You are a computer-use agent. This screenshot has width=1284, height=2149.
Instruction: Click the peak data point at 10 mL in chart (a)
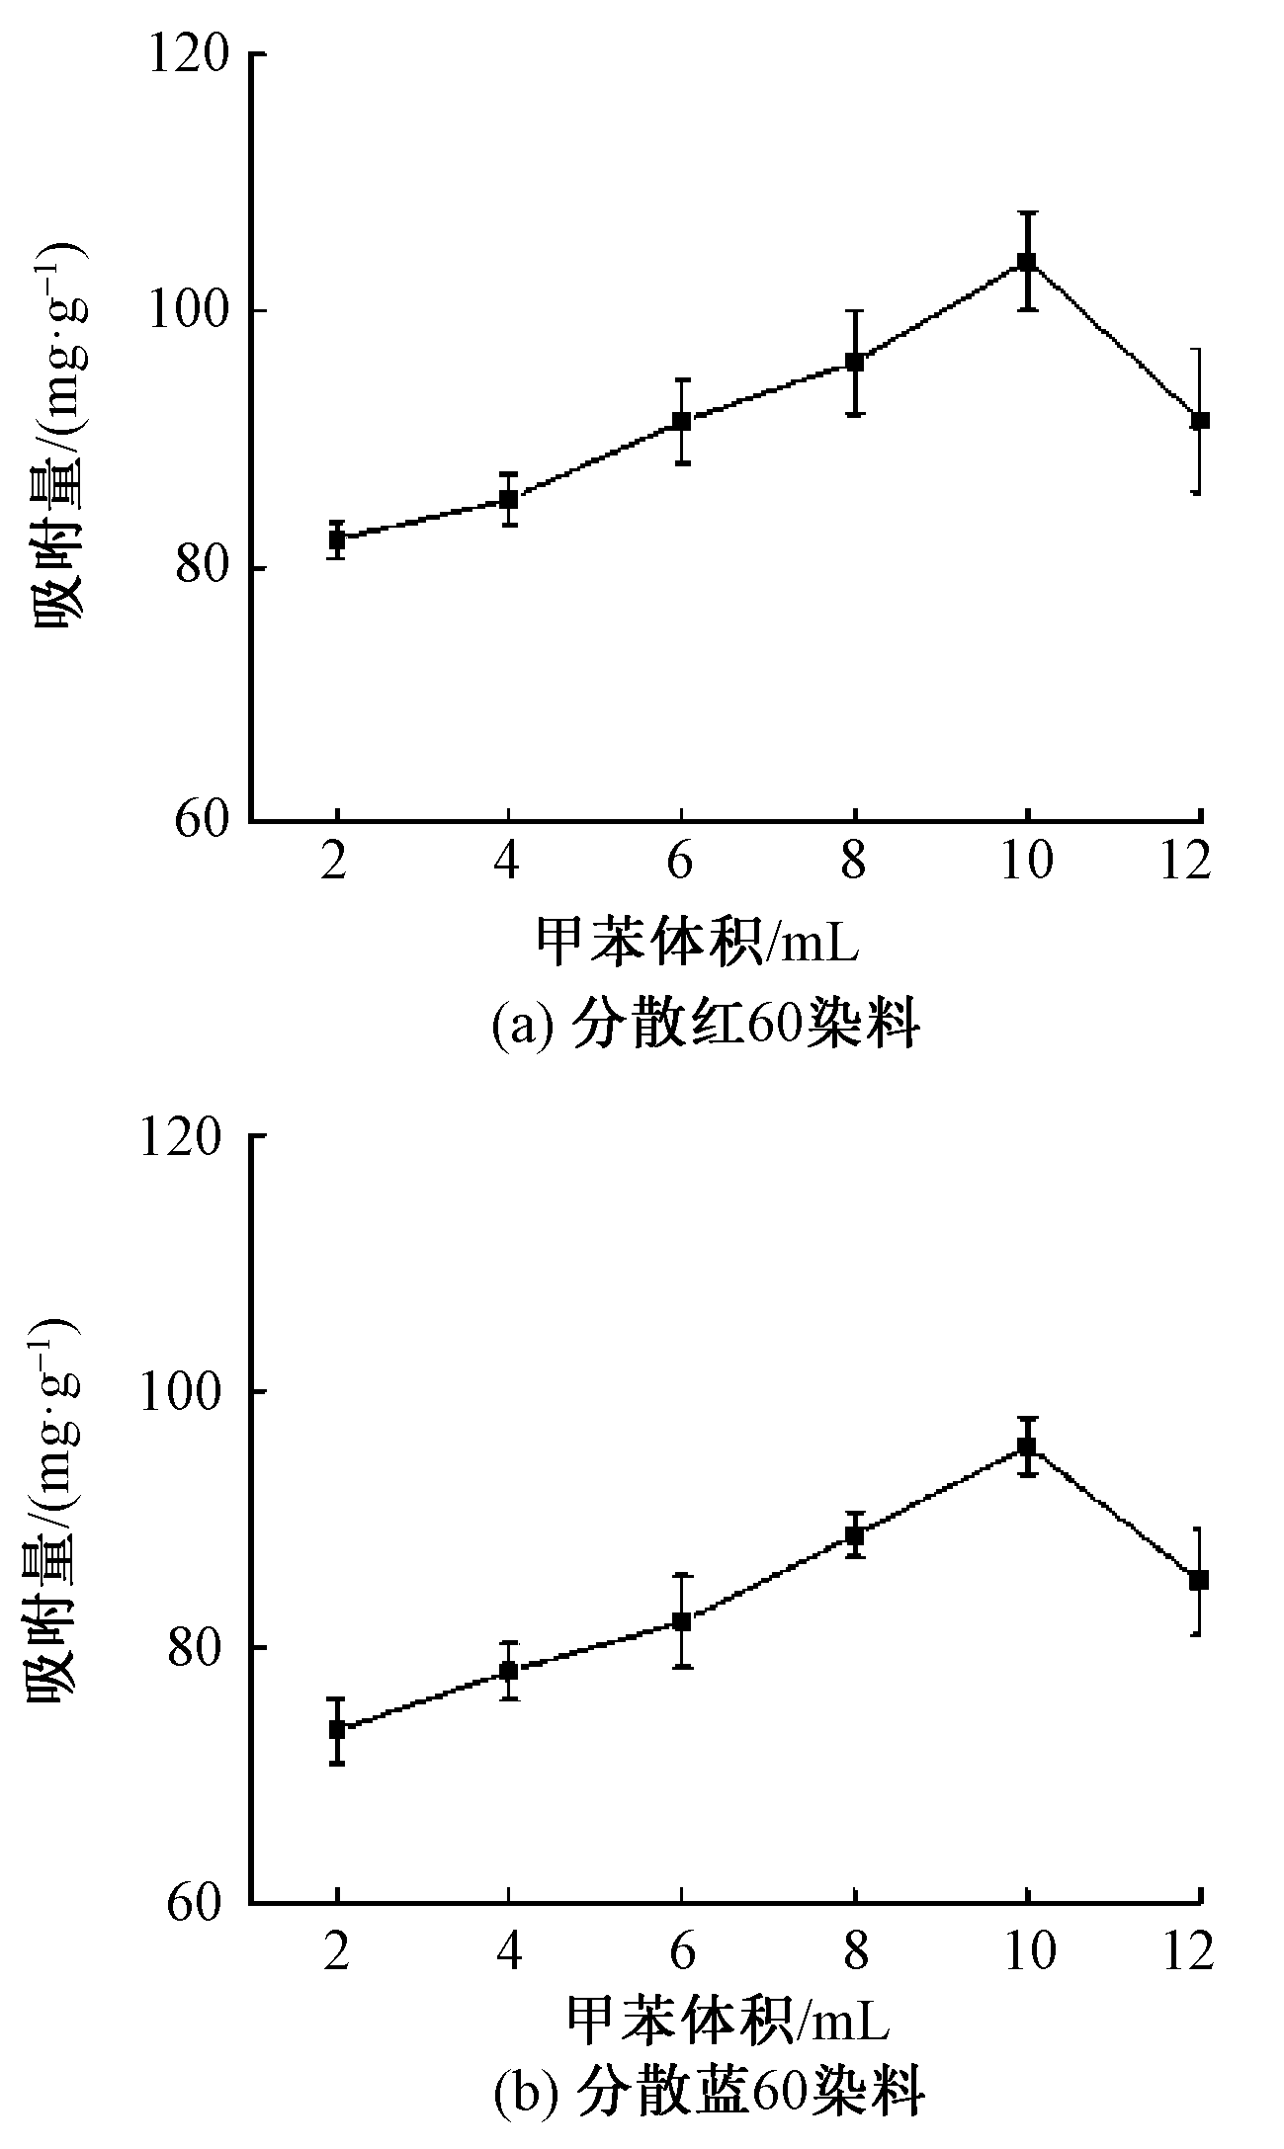point(1027,262)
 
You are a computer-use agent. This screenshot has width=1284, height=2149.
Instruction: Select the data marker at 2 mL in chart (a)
point(337,539)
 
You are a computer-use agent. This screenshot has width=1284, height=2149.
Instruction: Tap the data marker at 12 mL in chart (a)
point(1200,421)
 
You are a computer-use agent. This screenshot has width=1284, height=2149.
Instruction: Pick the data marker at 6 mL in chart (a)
point(681,422)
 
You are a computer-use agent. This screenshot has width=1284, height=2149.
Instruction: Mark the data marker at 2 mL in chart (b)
point(337,1729)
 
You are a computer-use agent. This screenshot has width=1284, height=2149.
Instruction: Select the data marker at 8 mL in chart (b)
point(855,1534)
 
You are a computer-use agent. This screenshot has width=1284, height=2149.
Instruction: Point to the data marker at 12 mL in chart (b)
point(1199,1580)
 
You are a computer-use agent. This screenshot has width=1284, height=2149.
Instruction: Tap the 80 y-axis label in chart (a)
point(205,569)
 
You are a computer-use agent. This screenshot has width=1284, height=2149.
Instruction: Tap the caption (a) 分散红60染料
point(706,1028)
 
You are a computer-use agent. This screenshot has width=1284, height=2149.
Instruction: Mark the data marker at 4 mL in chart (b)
point(508,1670)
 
